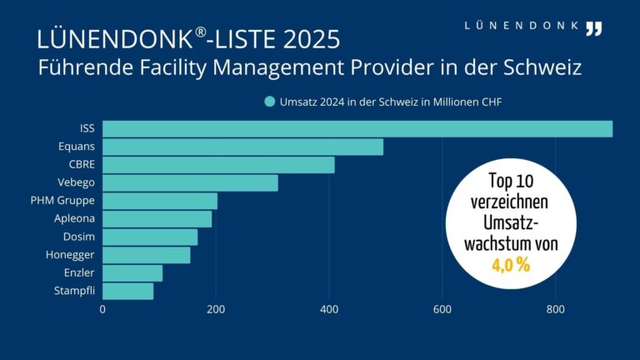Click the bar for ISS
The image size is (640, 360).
tap(357, 129)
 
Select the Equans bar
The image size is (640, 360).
tap(242, 147)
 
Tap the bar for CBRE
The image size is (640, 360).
tap(218, 165)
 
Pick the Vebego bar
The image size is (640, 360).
tap(190, 183)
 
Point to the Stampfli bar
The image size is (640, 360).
tap(128, 292)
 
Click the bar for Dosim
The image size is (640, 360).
tap(150, 237)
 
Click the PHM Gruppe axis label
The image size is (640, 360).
tap(62, 201)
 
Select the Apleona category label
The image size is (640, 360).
tap(74, 219)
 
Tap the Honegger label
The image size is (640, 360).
tap(70, 255)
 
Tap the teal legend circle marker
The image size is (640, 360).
tap(269, 102)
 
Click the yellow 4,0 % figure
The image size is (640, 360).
tap(511, 266)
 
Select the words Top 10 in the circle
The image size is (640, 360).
tap(510, 182)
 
